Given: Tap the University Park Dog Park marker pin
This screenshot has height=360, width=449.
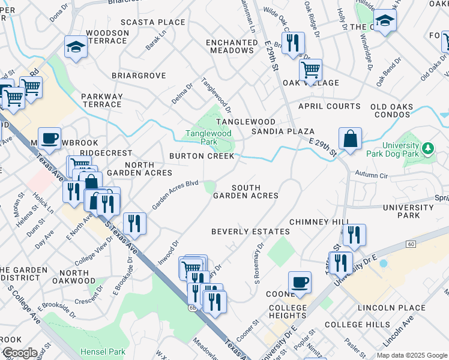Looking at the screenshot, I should click(427, 148).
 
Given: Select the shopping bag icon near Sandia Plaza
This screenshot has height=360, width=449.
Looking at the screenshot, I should click(350, 139).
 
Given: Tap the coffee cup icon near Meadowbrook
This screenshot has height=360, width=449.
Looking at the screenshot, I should click(49, 139).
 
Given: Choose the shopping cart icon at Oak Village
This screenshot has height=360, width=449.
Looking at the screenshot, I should click(310, 70).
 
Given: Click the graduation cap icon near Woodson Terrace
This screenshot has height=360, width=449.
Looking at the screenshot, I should click(76, 47).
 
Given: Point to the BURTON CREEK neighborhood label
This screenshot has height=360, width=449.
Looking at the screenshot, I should click(201, 156).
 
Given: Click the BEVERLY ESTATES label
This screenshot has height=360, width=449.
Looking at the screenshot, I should click(250, 232).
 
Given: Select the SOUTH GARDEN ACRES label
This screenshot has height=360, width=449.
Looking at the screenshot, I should click(246, 191).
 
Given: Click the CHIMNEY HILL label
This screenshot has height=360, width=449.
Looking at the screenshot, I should click(319, 222).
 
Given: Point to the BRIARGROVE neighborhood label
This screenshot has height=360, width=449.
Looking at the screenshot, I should click(139, 76).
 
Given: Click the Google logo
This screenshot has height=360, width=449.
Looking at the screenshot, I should click(19, 353).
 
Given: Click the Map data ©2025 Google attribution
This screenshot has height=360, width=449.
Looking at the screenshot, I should click(411, 355).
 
